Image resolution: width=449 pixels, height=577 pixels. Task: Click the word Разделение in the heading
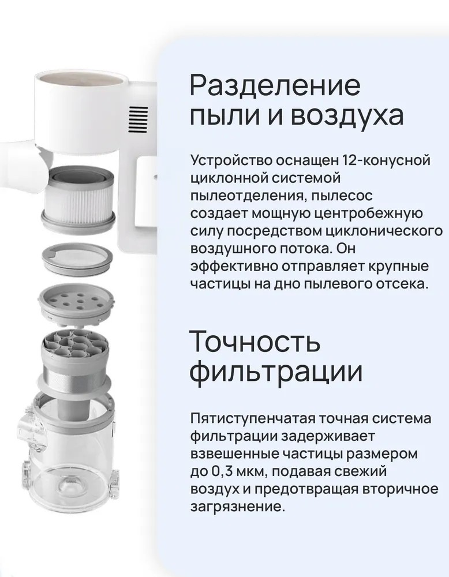275,86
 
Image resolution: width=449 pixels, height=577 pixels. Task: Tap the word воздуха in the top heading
348,115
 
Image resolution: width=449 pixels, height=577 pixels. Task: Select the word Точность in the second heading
255,341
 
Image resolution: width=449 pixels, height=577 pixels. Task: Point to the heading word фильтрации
276,371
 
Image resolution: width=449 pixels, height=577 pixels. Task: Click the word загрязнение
238,507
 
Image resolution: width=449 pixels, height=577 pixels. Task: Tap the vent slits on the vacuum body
138,119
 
